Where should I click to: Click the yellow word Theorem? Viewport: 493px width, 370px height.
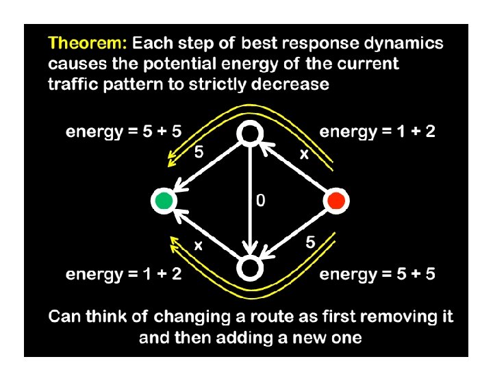[86, 44]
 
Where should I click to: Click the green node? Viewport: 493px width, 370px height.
[163, 201]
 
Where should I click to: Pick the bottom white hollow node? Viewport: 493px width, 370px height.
[249, 267]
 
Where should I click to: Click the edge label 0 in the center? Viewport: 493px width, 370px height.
[260, 201]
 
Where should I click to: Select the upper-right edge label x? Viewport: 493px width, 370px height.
[303, 155]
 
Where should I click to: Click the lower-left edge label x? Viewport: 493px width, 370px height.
[198, 245]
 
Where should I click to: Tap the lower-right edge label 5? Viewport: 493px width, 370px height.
[310, 243]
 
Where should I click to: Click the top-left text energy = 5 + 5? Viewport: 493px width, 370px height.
[123, 132]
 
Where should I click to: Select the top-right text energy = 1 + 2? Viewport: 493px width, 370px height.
[377, 132]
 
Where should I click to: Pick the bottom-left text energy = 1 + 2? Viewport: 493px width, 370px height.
[123, 275]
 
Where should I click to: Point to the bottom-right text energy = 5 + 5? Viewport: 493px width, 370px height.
[377, 275]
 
